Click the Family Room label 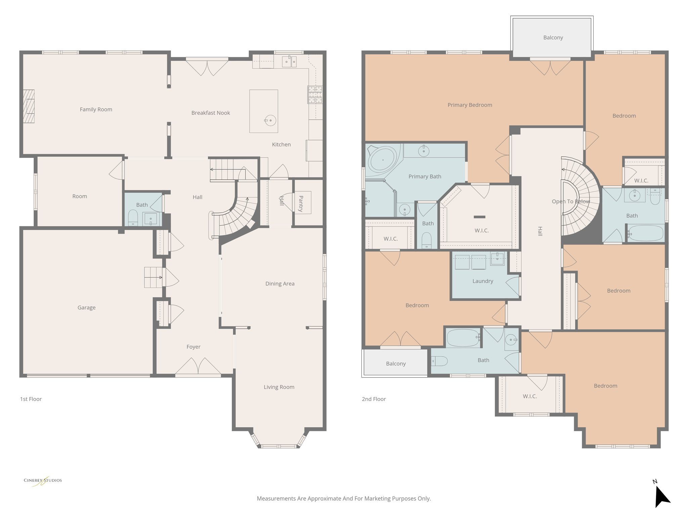[96, 110]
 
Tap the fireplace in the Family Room [29, 106]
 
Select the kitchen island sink [270, 120]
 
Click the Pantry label [301, 204]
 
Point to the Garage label [86, 308]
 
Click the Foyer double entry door [198, 367]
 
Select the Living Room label [279, 387]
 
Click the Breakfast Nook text [211, 113]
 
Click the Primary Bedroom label [470, 105]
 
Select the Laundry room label [483, 281]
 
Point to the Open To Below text [570, 202]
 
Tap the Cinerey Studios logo [43, 480]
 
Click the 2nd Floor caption [374, 399]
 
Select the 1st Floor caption [31, 399]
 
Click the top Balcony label [553, 38]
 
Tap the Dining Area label [280, 284]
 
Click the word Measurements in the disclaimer [276, 499]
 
